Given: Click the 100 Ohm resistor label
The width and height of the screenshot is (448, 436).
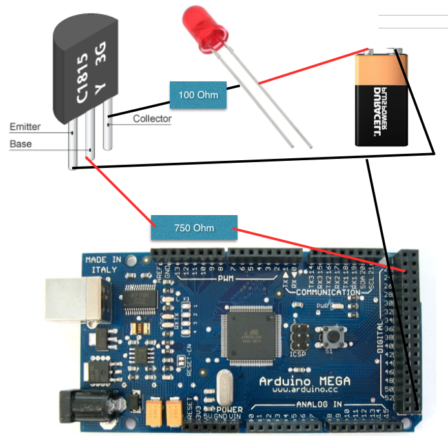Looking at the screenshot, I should click(198, 95).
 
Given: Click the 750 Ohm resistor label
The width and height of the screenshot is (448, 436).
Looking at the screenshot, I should click(194, 228).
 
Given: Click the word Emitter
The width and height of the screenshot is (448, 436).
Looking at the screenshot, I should click(25, 127).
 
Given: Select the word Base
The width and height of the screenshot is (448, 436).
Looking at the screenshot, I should click(21, 144).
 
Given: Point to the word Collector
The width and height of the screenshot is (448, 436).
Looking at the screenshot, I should click(152, 119).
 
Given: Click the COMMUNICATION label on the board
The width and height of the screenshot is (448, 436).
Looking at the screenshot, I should click(328, 292).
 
